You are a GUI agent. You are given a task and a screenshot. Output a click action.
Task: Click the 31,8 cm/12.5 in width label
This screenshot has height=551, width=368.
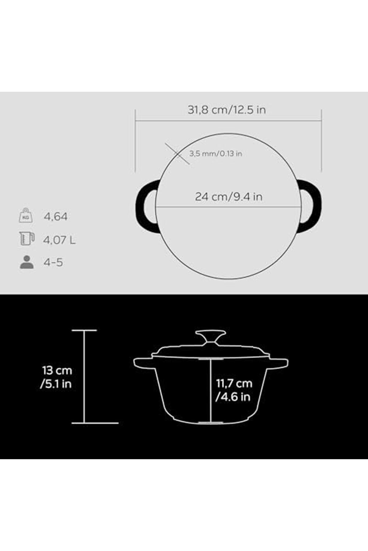pos(227,110)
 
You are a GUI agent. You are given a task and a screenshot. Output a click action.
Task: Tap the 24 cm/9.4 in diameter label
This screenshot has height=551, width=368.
pos(229,197)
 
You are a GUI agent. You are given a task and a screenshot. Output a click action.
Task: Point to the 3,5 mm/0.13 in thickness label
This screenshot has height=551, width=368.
pos(215,154)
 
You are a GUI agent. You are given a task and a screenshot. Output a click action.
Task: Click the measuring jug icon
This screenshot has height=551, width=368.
pos(26,239)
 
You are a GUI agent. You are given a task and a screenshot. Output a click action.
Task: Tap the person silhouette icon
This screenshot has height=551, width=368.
pos(27,262)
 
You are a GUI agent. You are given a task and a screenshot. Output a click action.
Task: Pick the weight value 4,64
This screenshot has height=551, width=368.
pos(55,217)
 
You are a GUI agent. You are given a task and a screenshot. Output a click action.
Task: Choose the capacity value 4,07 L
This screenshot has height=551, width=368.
pos(59,240)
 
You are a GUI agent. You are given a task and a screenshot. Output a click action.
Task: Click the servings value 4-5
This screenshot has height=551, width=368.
pos(53,262)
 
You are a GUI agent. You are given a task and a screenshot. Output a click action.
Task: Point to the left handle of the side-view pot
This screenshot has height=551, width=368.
pos(143,363)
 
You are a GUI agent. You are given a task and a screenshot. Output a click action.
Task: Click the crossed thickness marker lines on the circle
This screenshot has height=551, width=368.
pos(177,154)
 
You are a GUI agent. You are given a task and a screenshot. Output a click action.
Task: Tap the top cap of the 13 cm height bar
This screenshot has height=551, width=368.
pos(84,330)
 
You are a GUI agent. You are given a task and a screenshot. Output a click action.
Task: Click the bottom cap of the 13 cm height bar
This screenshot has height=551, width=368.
pos(95,423)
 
